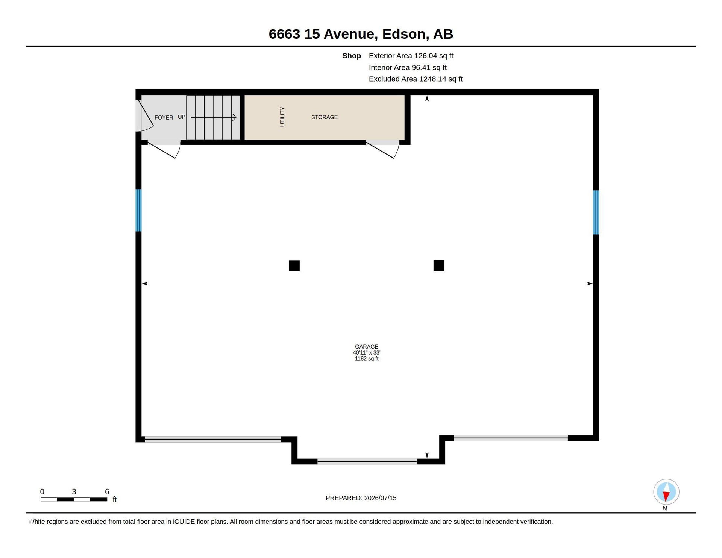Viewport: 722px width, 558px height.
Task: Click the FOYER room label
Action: [164, 118]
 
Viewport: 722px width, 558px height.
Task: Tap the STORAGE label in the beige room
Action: [325, 117]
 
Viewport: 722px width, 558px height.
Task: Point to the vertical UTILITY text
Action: [282, 117]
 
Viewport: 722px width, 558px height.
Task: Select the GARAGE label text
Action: [367, 347]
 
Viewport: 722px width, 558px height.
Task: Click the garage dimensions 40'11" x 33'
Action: [367, 353]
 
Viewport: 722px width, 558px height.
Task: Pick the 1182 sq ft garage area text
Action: [367, 359]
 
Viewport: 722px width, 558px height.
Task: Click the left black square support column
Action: [294, 266]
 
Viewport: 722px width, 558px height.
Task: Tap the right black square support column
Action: [439, 265]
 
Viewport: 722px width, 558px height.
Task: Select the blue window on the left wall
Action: [138, 210]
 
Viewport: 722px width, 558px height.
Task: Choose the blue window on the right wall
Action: [596, 212]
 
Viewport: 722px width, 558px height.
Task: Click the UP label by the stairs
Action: [181, 117]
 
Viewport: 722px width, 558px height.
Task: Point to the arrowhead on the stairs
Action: [234, 117]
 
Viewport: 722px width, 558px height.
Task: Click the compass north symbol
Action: [666, 492]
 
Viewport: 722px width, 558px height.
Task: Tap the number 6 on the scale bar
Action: [107, 491]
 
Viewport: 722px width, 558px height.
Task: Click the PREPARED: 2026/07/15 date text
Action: [361, 498]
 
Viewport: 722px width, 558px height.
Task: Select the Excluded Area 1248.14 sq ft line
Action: [416, 79]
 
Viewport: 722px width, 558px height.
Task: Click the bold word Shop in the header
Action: [352, 56]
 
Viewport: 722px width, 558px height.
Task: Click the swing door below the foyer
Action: [164, 149]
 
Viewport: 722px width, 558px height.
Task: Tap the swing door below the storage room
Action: [383, 149]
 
